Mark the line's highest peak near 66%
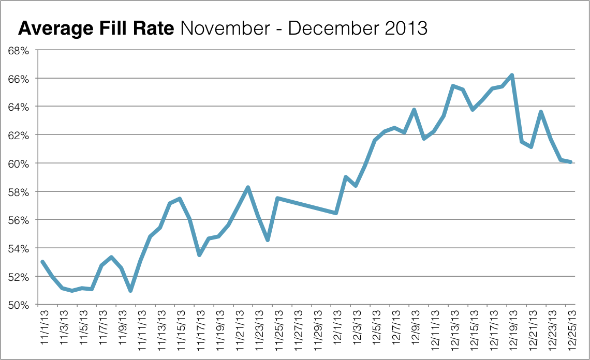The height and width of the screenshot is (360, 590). (511, 75)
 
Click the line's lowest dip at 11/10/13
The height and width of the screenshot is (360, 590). (130, 291)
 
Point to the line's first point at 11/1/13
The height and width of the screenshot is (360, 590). (42, 262)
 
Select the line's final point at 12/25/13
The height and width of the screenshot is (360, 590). (570, 162)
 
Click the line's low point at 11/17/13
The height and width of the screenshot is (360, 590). (199, 255)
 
